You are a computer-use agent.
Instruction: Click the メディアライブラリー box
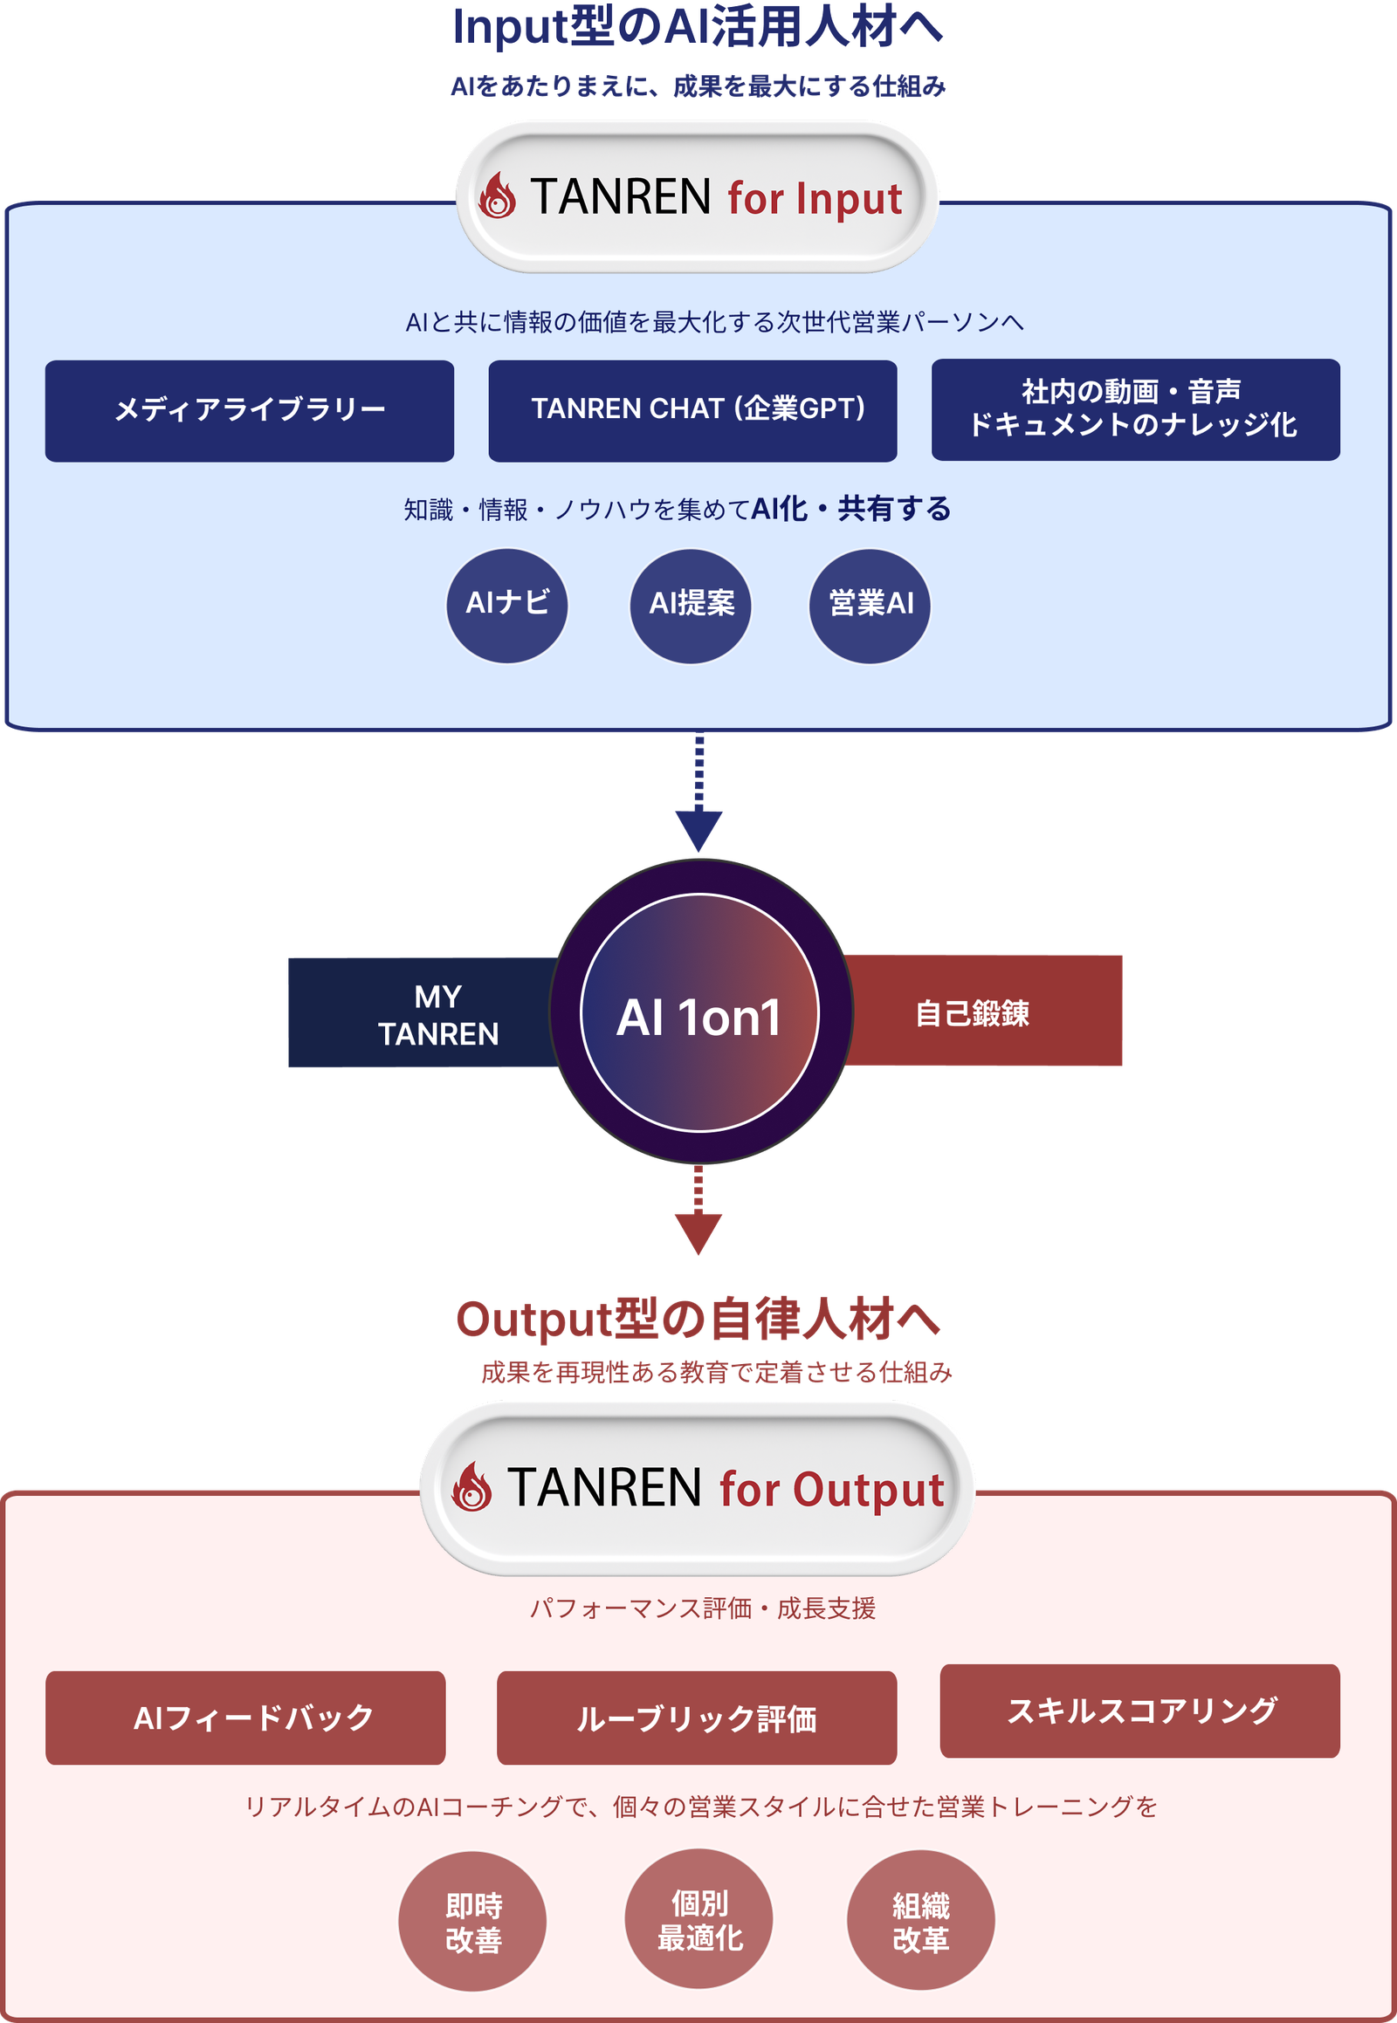[x=250, y=410]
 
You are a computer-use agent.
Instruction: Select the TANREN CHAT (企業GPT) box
[x=692, y=410]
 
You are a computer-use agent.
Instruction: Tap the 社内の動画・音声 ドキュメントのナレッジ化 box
[x=1135, y=409]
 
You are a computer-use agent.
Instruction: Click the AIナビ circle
[x=507, y=606]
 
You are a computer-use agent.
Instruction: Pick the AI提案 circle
[x=691, y=606]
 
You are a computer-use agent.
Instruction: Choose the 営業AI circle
[x=869, y=606]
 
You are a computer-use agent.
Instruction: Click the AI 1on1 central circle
[x=700, y=1012]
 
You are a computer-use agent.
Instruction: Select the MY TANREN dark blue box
[x=423, y=1012]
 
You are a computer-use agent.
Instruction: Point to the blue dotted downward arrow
[x=698, y=792]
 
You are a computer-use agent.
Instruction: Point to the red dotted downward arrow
[x=698, y=1210]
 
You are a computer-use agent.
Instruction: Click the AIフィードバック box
[x=245, y=1718]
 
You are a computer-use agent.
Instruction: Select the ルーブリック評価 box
[x=697, y=1718]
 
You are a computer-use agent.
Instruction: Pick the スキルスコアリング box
[x=1139, y=1711]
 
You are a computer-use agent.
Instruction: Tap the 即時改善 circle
[x=472, y=1922]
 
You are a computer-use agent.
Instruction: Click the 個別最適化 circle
[x=698, y=1919]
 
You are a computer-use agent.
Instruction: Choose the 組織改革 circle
[x=921, y=1921]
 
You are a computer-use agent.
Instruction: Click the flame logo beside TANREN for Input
[x=497, y=195]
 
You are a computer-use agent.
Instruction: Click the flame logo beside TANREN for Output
[x=471, y=1486]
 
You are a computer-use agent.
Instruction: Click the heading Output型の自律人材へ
[x=698, y=1319]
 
